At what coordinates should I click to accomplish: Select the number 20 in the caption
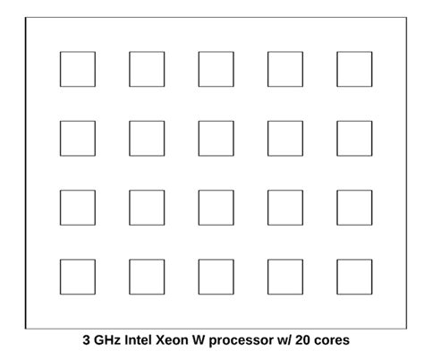[x=302, y=340]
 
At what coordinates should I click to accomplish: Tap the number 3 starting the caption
[x=86, y=340]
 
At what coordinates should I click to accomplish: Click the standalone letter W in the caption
[x=199, y=340]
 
